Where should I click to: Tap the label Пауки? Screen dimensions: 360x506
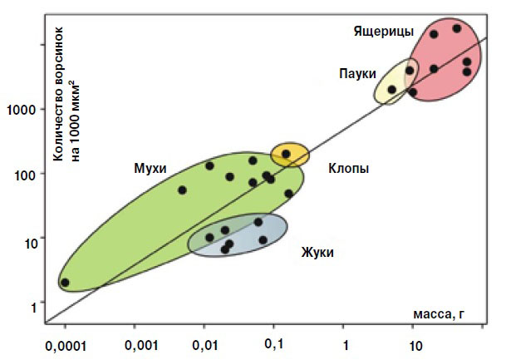357,73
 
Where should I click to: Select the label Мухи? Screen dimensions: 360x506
150,168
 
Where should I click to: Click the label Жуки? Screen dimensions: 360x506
317,251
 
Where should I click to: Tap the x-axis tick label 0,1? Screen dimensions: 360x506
274,343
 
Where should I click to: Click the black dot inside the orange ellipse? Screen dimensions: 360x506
286,154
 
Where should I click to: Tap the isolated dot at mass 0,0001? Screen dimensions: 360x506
66,283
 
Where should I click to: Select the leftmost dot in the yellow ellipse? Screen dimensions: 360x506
391,90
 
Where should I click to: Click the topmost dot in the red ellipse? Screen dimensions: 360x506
456,28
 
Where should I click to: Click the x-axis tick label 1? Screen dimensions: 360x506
344,343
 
